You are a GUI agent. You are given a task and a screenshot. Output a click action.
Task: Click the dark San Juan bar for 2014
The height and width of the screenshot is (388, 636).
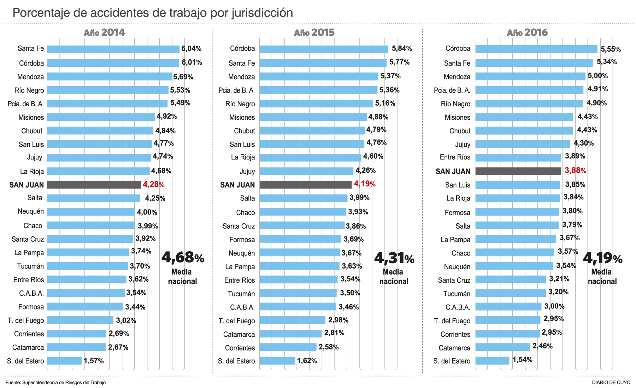[x=94, y=185]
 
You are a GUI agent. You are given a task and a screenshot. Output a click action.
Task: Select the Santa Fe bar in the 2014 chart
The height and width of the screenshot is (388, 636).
[x=113, y=49]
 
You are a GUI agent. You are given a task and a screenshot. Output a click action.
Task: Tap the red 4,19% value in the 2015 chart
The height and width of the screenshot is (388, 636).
[x=365, y=184]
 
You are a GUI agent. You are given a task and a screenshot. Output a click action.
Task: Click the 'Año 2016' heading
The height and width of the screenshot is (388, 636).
[x=527, y=33]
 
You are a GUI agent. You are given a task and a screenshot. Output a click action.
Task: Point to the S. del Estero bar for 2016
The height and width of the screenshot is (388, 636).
[x=492, y=360]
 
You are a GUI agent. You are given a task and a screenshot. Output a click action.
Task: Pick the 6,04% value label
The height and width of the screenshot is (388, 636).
[x=191, y=48]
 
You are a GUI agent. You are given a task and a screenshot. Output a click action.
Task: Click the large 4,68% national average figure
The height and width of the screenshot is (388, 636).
[x=183, y=258]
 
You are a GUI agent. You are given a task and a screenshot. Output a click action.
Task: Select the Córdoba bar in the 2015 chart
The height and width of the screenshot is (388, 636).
[x=324, y=49]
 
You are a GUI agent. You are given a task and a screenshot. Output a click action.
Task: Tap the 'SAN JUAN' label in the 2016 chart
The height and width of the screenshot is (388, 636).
[x=453, y=171]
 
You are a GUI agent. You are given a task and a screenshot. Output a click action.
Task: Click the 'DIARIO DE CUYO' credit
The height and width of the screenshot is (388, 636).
[x=611, y=382]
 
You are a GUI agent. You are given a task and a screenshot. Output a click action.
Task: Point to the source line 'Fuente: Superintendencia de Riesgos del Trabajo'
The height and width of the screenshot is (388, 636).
[x=55, y=382]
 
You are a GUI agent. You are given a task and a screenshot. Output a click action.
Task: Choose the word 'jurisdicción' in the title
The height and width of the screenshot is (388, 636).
[x=262, y=13]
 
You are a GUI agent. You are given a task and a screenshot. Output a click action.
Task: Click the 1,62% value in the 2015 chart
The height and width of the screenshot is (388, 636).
[x=307, y=361]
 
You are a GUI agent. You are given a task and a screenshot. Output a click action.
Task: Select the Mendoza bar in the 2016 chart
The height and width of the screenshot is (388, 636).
[x=530, y=76]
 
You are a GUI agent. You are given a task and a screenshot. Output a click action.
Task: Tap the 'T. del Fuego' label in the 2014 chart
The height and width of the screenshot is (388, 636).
[x=26, y=321]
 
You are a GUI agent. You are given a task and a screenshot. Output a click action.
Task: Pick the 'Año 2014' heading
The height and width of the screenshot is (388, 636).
[x=104, y=33]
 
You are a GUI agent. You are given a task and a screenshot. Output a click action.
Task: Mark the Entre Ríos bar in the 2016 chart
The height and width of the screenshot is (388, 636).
[x=518, y=158]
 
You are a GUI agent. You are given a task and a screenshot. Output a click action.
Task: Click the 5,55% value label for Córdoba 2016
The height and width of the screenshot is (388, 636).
[x=611, y=49]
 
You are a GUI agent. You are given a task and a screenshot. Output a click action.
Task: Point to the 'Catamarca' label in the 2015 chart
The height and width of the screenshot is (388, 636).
[x=239, y=334]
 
